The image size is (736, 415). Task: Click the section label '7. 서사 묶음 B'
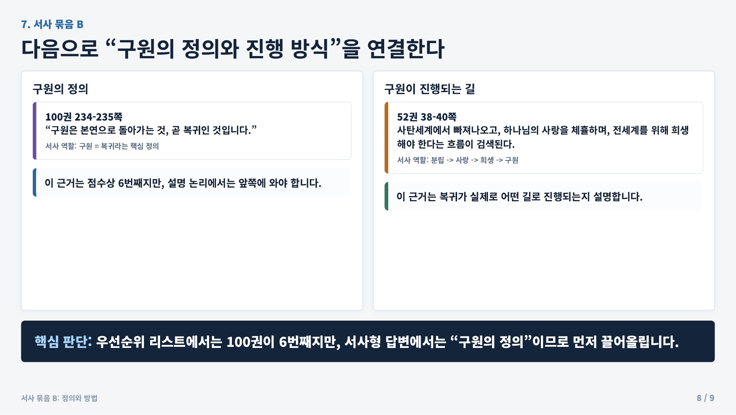[52, 24]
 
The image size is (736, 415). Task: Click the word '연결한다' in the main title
[406, 49]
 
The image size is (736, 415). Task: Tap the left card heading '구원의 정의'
[60, 89]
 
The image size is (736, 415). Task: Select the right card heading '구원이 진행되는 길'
[429, 89]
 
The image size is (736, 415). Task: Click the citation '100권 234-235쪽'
[84, 117]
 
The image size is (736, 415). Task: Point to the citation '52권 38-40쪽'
[427, 117]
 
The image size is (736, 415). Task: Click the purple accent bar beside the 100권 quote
[35, 131]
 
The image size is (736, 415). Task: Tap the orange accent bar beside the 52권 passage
[386, 138]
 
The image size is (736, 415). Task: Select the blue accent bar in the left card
[35, 182]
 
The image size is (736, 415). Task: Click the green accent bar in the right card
[386, 196]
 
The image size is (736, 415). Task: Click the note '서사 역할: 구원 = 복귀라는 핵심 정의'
[102, 146]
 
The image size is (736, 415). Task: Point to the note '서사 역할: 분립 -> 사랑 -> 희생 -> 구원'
[457, 160]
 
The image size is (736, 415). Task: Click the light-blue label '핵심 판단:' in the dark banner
[63, 342]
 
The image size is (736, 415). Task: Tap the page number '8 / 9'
[705, 398]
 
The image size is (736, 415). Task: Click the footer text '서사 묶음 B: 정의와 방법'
[59, 398]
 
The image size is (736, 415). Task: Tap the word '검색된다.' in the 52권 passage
[495, 144]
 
